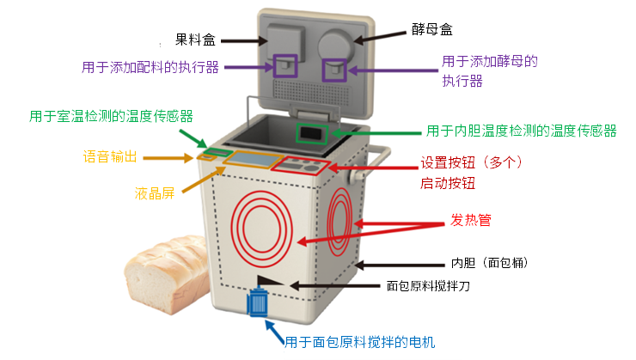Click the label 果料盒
(195, 40)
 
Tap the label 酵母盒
(432, 29)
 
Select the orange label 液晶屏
(155, 193)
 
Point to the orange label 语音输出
(110, 156)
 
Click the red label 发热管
(470, 220)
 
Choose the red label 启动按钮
(448, 183)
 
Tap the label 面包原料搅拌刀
(428, 286)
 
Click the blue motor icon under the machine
(258, 302)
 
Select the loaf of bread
(167, 273)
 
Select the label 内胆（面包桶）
(489, 263)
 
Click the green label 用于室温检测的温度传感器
(111, 116)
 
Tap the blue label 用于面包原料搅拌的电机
(359, 342)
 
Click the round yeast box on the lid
(335, 46)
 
